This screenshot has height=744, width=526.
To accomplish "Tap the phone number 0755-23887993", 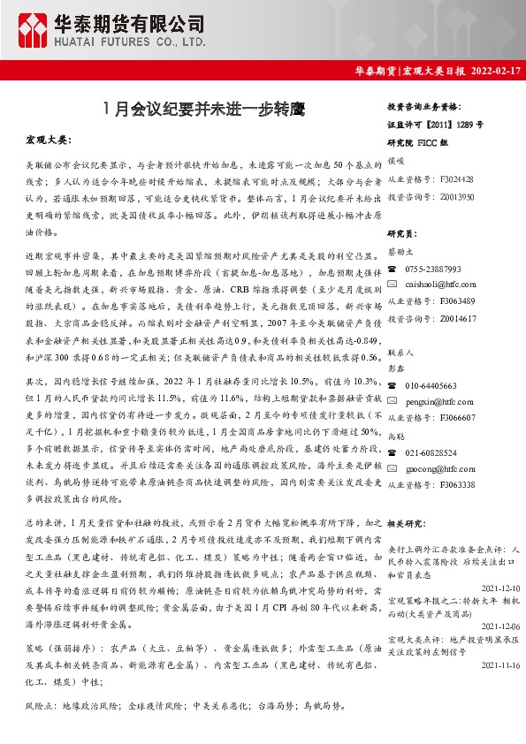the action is [x=433, y=268].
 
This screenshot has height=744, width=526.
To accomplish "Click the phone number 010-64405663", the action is [x=431, y=386].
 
